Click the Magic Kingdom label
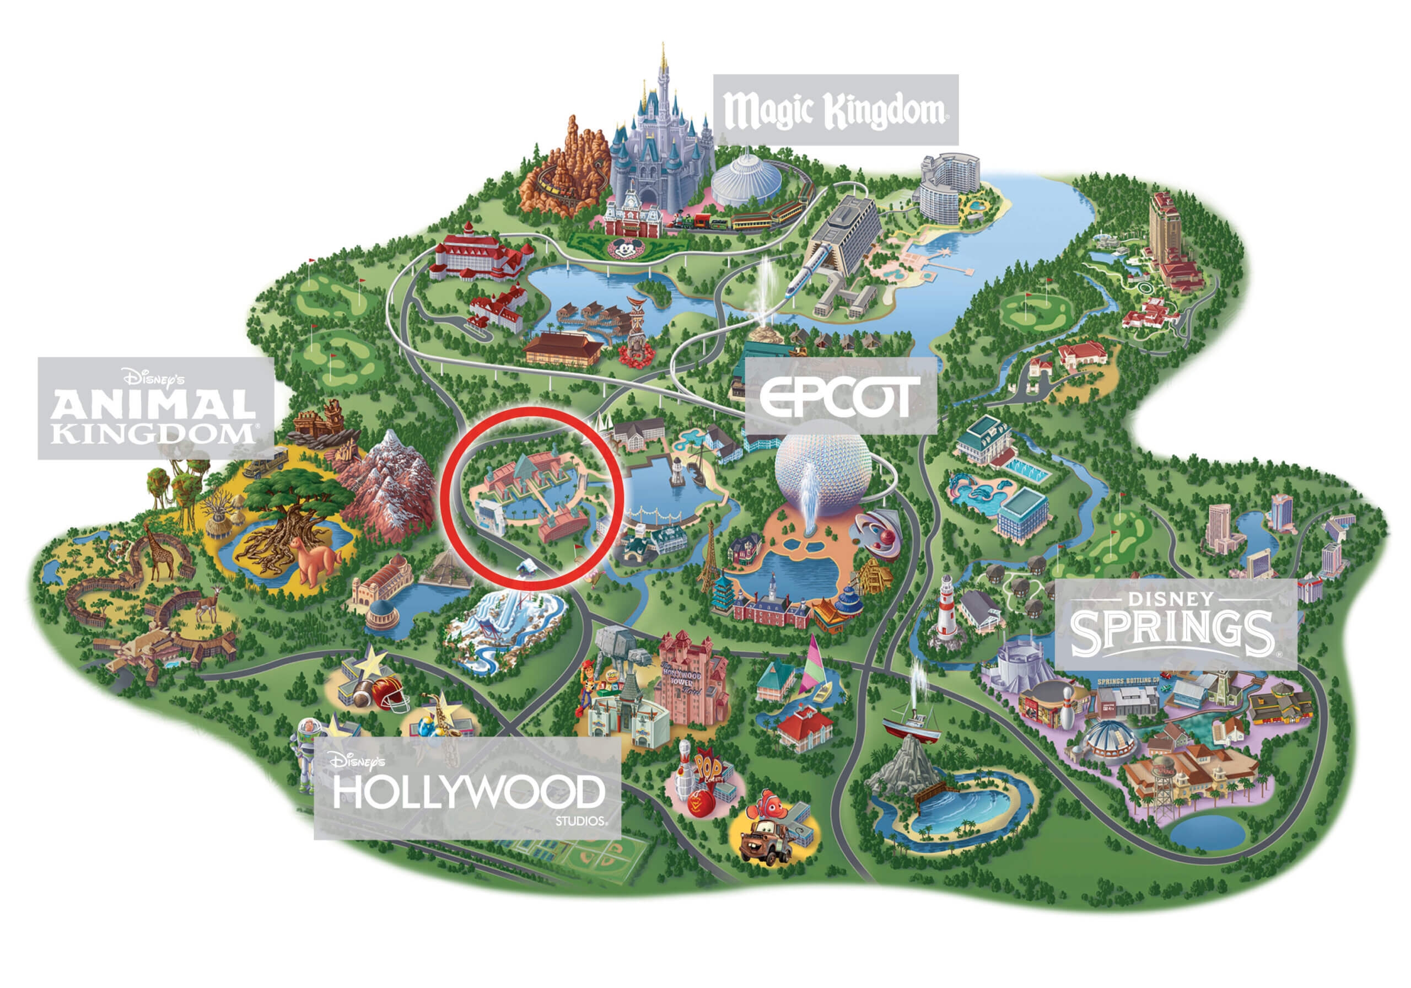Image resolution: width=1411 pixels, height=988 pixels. [x=834, y=110]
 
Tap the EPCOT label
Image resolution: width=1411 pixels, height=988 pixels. [x=840, y=396]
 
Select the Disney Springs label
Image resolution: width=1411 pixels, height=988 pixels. [x=1175, y=624]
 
